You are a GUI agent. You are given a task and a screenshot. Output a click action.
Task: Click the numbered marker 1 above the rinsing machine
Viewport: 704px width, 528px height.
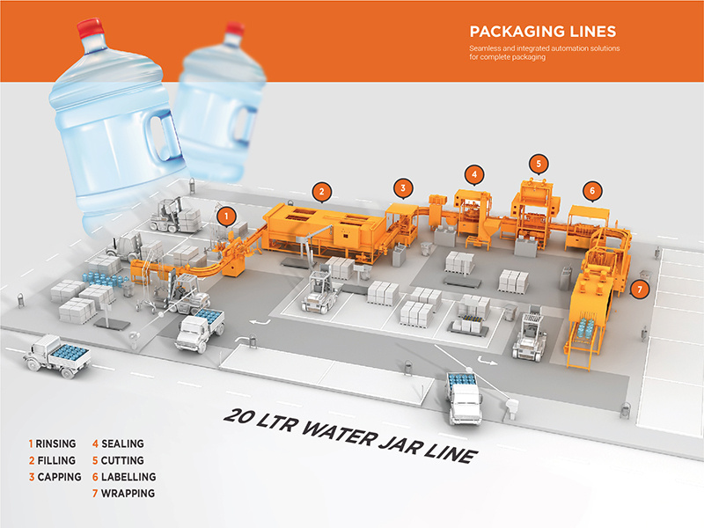pos(227,213)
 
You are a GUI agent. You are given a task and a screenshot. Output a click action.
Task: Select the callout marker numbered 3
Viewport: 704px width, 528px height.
pos(402,187)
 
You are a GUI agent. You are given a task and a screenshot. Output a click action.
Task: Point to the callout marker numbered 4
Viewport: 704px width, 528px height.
pos(474,173)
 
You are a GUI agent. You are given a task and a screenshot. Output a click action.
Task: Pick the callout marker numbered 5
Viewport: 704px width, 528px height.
pos(539,163)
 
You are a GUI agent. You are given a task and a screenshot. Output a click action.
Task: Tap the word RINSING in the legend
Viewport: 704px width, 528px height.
pos(56,444)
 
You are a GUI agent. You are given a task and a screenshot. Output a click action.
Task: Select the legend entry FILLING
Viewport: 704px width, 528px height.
pos(55,460)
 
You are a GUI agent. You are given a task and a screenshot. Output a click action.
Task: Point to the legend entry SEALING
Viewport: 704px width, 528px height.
pos(121,444)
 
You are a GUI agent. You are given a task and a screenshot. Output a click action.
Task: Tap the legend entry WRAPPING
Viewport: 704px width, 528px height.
pos(128,494)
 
